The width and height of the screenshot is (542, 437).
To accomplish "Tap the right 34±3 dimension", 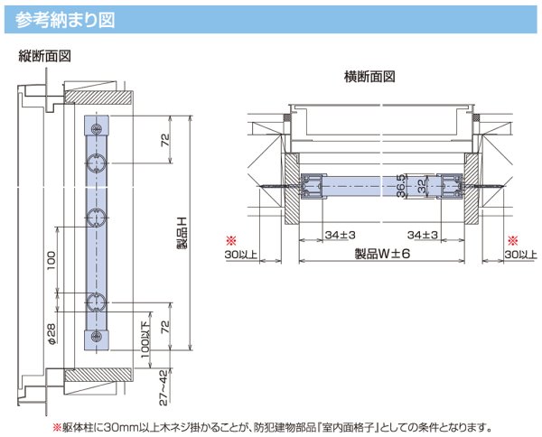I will [423, 235].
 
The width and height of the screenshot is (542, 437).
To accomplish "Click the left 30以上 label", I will [241, 256].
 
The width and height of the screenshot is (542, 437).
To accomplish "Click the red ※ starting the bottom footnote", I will [55, 426].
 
